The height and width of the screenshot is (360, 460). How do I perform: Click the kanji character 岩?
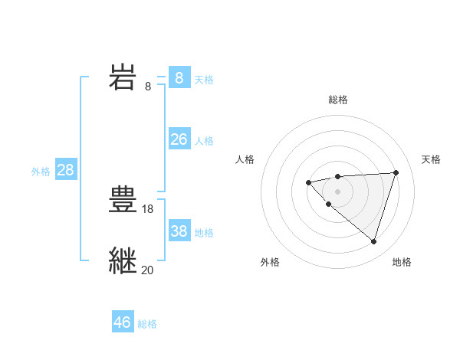tap(122, 77)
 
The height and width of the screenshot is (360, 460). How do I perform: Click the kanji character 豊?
tap(122, 200)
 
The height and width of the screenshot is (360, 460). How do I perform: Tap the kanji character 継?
tap(122, 261)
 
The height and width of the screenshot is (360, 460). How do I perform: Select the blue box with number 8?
tap(179, 77)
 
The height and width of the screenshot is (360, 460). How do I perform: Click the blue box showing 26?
tap(179, 139)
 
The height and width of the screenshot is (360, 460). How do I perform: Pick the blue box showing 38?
tap(179, 231)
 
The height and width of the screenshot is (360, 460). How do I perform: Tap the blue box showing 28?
tap(65, 170)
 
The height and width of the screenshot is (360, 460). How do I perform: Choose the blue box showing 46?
tap(122, 322)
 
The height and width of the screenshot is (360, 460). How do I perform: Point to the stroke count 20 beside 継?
tap(148, 270)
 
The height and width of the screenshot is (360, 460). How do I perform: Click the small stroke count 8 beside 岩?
tap(148, 86)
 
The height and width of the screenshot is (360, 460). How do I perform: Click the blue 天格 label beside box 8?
tap(204, 79)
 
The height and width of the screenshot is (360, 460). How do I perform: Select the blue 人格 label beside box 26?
tap(204, 141)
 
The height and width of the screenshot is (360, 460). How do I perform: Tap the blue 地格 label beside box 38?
tap(204, 233)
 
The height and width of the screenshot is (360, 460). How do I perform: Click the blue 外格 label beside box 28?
tap(41, 172)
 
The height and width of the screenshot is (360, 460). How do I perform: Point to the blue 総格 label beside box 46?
tap(147, 324)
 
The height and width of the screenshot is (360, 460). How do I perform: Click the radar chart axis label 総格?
tap(338, 100)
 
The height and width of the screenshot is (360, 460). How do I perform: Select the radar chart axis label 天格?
tap(431, 159)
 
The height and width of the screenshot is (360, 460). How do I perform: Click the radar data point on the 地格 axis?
tap(373, 241)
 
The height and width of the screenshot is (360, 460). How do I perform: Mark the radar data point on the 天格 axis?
tap(396, 172)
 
